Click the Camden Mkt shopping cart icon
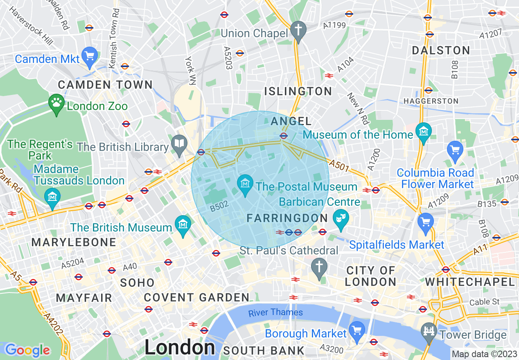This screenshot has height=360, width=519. (89, 55)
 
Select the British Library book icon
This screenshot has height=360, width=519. (179, 144)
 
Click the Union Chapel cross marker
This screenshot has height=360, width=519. (298, 30)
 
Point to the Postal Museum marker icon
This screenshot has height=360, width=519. (246, 184)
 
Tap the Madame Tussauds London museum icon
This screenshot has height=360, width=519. (52, 197)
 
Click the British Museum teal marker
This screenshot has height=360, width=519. (183, 225)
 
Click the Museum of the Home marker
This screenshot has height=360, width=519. (423, 132)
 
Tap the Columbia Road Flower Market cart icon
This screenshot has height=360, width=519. (455, 150)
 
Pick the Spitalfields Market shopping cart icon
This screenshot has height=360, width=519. (426, 222)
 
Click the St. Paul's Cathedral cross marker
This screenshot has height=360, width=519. (319, 267)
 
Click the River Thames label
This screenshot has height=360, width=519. (275, 313)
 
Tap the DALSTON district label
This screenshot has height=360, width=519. (441, 51)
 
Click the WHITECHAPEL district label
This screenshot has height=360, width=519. (470, 282)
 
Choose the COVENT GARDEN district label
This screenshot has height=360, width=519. (196, 297)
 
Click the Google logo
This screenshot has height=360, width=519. (27, 350)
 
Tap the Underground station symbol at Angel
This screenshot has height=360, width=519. (283, 136)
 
